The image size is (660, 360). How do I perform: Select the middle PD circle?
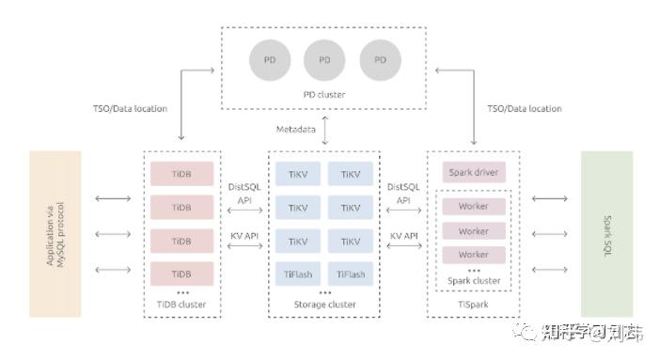tap(324, 60)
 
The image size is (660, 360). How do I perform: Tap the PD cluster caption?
tap(324, 95)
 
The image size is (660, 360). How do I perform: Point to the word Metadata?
tap(296, 128)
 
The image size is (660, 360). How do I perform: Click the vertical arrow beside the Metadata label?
tap(324, 129)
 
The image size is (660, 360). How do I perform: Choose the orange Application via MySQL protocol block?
tap(55, 232)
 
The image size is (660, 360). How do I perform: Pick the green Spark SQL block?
tap(606, 232)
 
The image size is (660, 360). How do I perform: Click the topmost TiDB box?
tap(181, 173)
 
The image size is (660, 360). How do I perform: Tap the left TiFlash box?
tap(298, 274)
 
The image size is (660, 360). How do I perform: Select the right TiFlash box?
tap(351, 274)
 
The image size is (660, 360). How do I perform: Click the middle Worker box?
tap(474, 230)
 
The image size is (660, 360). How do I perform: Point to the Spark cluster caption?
tap(474, 280)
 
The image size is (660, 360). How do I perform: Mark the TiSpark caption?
tap(474, 305)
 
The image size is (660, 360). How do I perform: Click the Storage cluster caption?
tap(324, 305)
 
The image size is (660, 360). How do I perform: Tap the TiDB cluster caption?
tap(181, 305)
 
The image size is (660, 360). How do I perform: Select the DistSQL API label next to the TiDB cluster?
tap(244, 194)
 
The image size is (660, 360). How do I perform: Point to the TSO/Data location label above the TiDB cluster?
tap(126, 109)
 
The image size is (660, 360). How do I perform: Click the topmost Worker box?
tap(474, 206)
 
